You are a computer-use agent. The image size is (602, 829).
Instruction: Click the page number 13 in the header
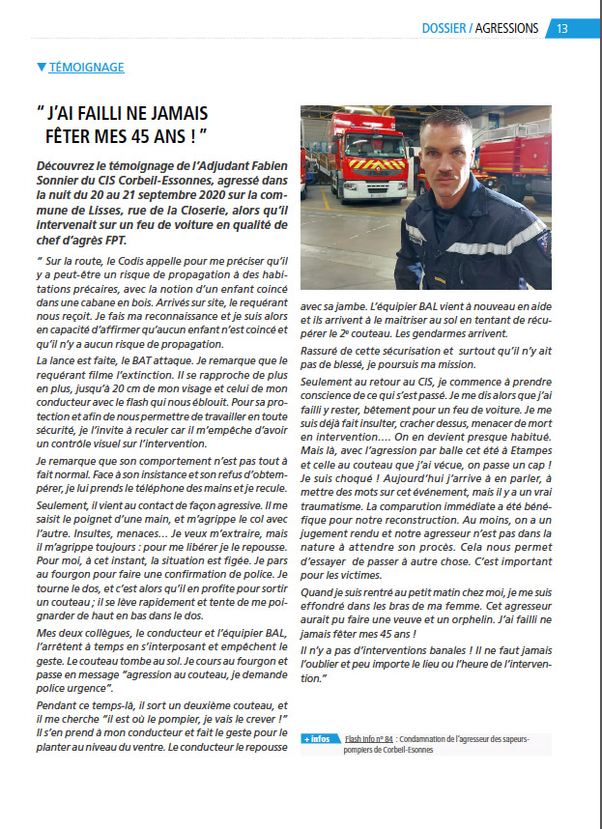click(561, 28)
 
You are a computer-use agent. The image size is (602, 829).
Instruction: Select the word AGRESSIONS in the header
click(507, 28)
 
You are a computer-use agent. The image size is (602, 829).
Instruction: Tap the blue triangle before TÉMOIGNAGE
click(40, 68)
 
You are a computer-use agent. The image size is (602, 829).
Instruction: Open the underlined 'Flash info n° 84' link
click(368, 738)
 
